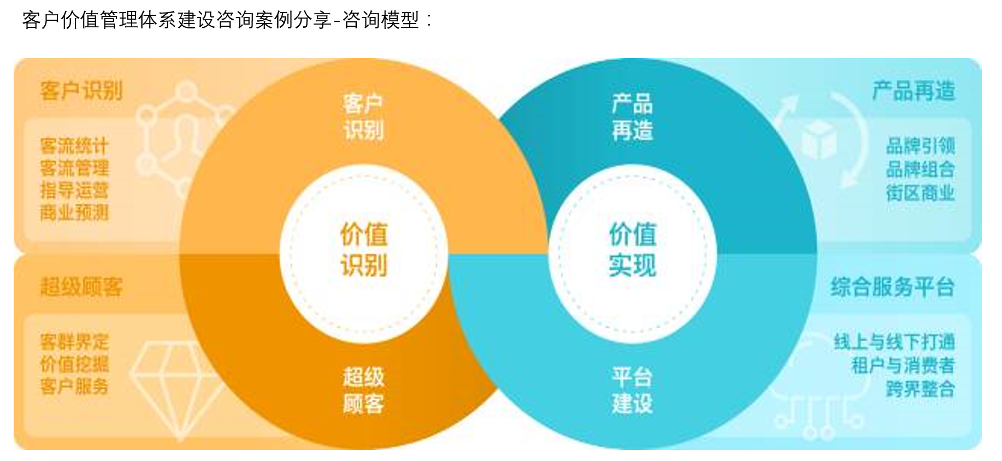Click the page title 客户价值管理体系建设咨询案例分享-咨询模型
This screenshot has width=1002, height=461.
click(x=227, y=20)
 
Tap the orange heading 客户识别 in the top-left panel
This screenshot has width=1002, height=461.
click(x=81, y=91)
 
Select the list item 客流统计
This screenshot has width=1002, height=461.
click(x=74, y=146)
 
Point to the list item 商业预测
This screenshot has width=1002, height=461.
click(x=74, y=212)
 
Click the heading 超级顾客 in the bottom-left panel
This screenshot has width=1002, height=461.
click(x=81, y=287)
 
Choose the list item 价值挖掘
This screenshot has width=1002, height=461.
click(x=74, y=364)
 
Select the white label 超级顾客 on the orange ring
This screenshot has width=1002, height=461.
click(x=363, y=390)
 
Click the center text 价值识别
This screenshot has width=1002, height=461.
click(x=364, y=250)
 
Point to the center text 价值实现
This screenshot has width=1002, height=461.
click(x=633, y=250)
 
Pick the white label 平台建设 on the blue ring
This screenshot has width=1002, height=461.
click(x=632, y=390)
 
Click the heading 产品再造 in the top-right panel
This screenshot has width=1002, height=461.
click(x=913, y=91)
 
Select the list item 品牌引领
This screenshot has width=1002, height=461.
click(x=921, y=146)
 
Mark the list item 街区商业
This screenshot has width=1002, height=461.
click(x=921, y=192)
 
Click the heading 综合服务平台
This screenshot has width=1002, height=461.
click(x=893, y=287)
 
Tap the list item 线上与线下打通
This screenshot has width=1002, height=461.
click(x=894, y=342)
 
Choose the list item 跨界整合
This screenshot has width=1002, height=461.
click(x=921, y=388)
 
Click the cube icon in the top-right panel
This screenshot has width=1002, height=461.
click(x=819, y=140)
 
